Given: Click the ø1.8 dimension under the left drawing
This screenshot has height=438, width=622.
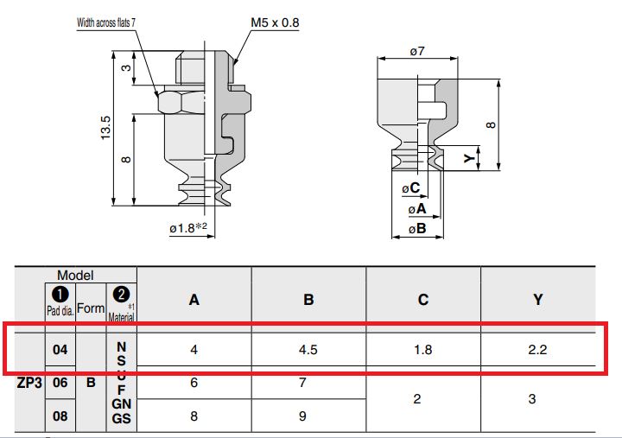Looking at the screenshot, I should [186, 228].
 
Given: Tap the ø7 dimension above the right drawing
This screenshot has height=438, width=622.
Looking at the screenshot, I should [417, 52].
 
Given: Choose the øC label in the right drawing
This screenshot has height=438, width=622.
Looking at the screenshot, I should [410, 187].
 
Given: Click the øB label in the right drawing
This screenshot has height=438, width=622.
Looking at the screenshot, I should [417, 229].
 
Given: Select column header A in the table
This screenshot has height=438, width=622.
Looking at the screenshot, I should [194, 300].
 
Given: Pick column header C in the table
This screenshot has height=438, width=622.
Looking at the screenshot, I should [423, 300].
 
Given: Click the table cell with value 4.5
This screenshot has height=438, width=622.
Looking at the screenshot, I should [308, 351].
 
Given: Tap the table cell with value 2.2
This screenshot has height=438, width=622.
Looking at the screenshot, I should [537, 351].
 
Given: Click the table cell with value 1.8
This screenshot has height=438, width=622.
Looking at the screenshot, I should [423, 351].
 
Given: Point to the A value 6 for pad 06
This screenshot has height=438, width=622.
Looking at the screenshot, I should [194, 383].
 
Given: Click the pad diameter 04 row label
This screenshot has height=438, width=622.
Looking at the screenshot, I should [60, 351].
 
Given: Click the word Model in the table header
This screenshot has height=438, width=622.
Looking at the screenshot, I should [76, 275].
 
